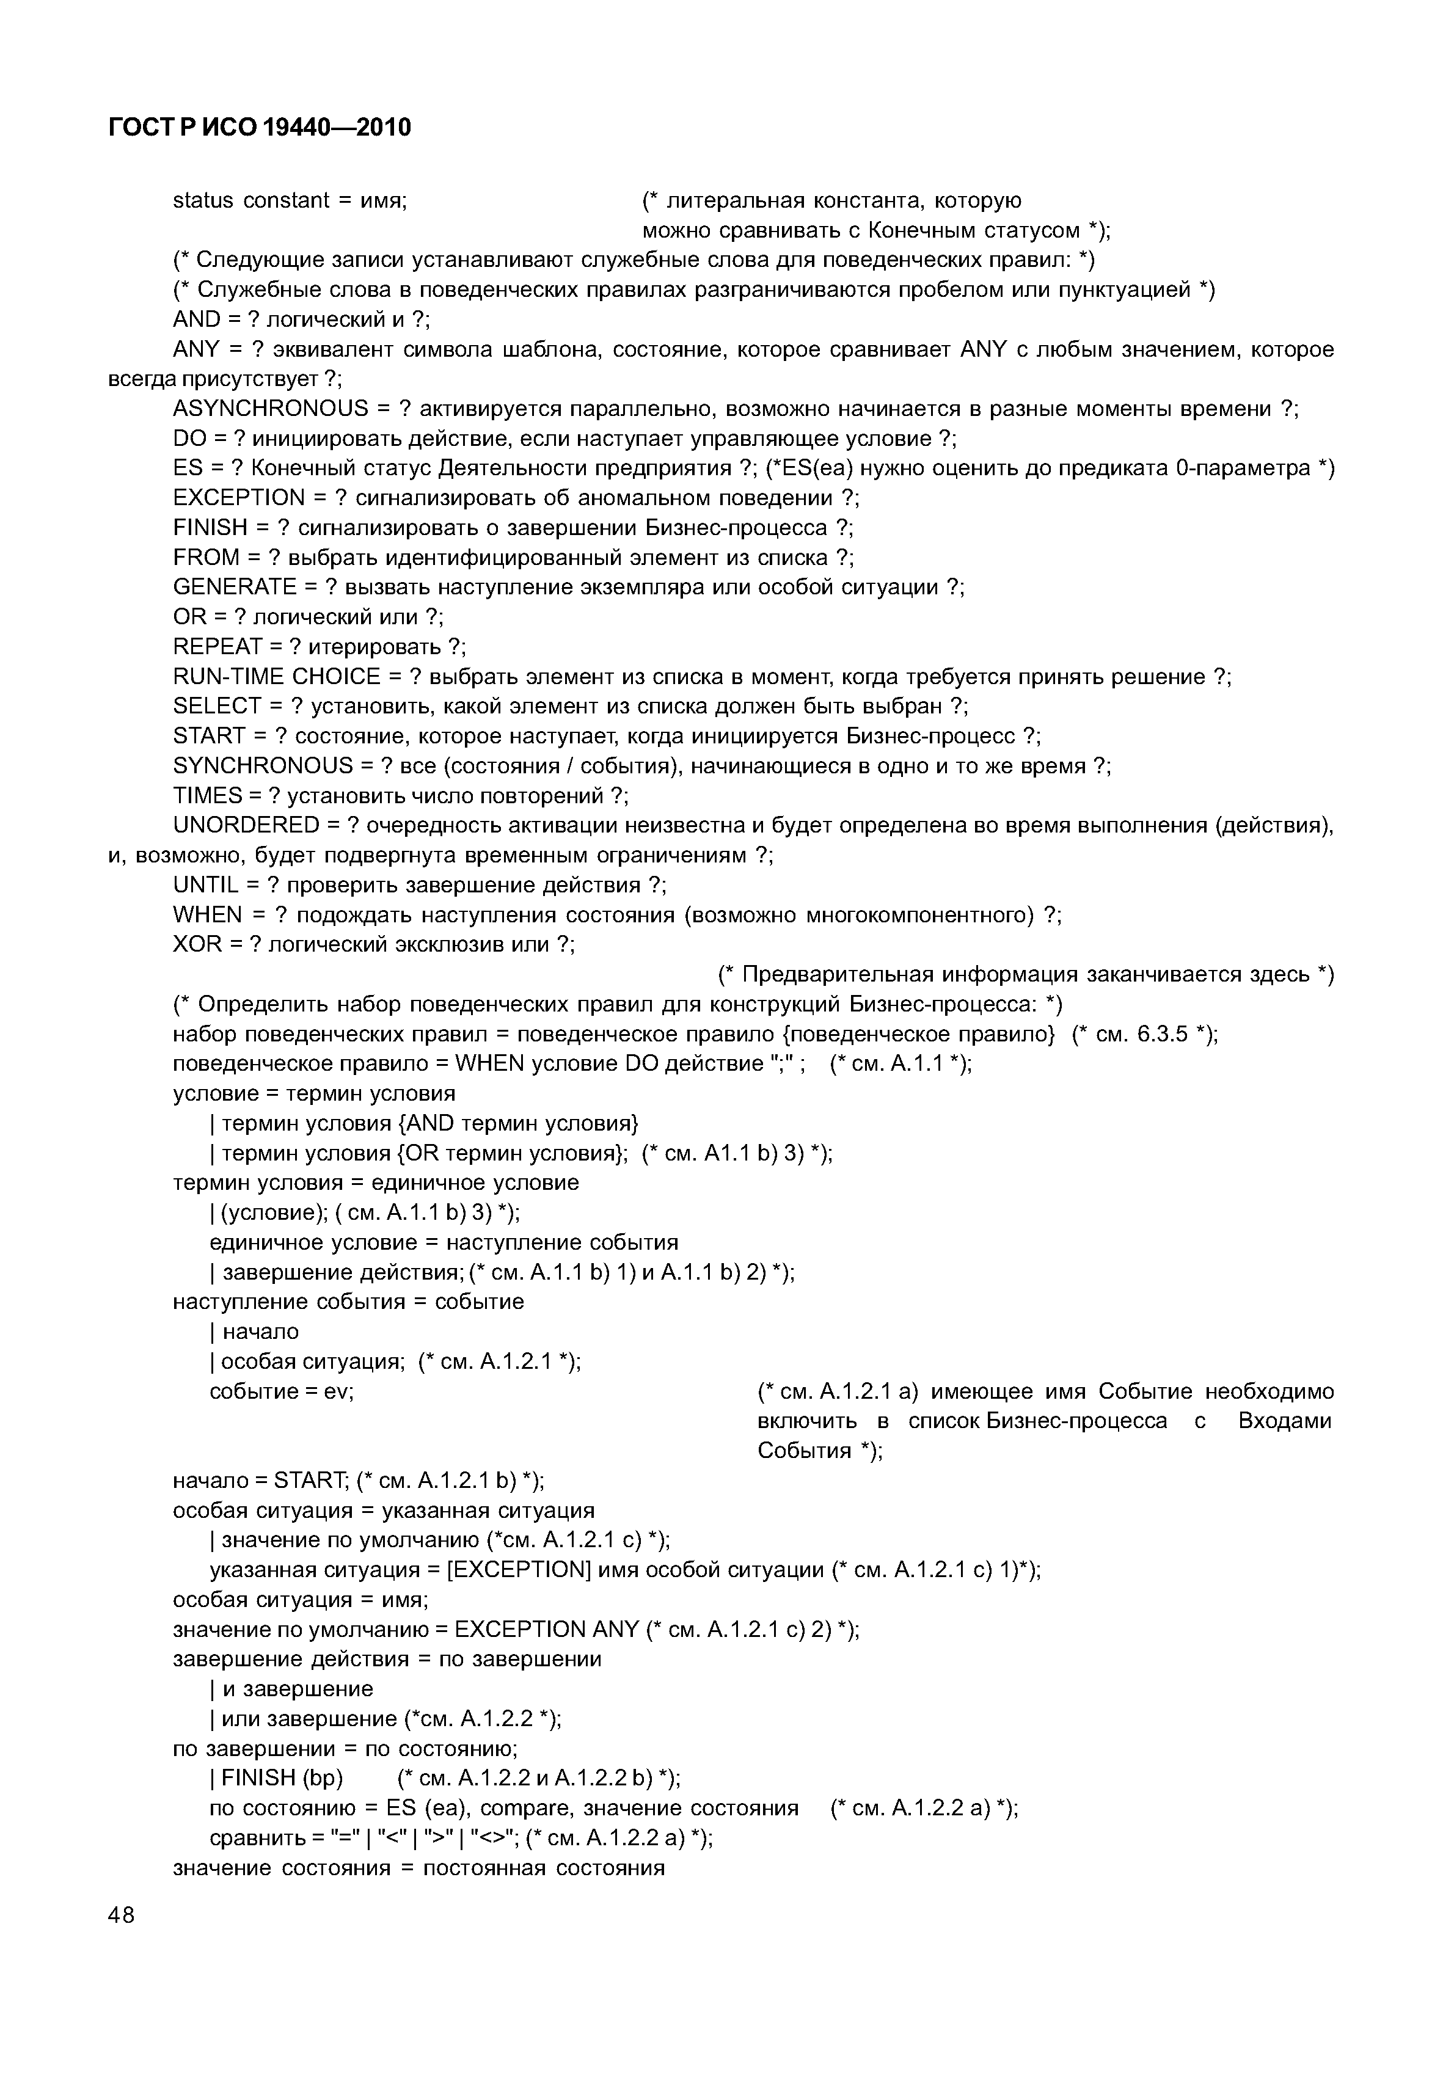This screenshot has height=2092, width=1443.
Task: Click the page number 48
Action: (121, 1914)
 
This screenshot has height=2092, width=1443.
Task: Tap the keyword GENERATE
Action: (234, 588)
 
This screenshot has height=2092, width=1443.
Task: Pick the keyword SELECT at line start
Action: (217, 706)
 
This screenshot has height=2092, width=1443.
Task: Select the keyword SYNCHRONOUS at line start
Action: (262, 767)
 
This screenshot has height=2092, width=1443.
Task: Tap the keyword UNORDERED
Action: (246, 825)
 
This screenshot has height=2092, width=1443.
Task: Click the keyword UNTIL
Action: (204, 885)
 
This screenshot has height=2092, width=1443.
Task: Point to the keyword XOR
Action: (197, 945)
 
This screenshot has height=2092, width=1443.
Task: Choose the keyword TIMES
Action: (208, 796)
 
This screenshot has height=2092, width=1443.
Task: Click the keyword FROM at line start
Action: (206, 558)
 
